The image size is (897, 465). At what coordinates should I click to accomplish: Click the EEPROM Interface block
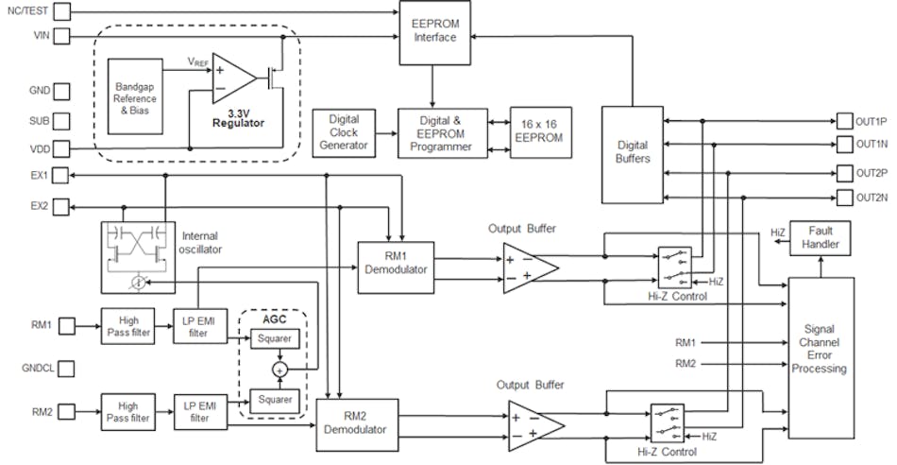point(434,32)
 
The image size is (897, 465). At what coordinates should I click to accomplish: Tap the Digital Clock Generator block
point(343,132)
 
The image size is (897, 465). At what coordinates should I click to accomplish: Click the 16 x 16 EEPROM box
point(540,131)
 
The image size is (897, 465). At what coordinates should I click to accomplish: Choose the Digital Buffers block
point(632,152)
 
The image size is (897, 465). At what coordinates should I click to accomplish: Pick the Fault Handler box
point(821,237)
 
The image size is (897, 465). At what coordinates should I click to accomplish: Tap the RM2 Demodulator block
point(355,422)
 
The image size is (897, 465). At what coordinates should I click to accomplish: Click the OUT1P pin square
point(843,122)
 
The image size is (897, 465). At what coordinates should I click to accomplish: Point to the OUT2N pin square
point(843,198)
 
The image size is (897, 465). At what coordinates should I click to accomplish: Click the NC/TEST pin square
point(61,13)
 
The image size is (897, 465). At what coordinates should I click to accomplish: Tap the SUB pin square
point(61,122)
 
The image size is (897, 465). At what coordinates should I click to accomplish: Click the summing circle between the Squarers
point(279,367)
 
